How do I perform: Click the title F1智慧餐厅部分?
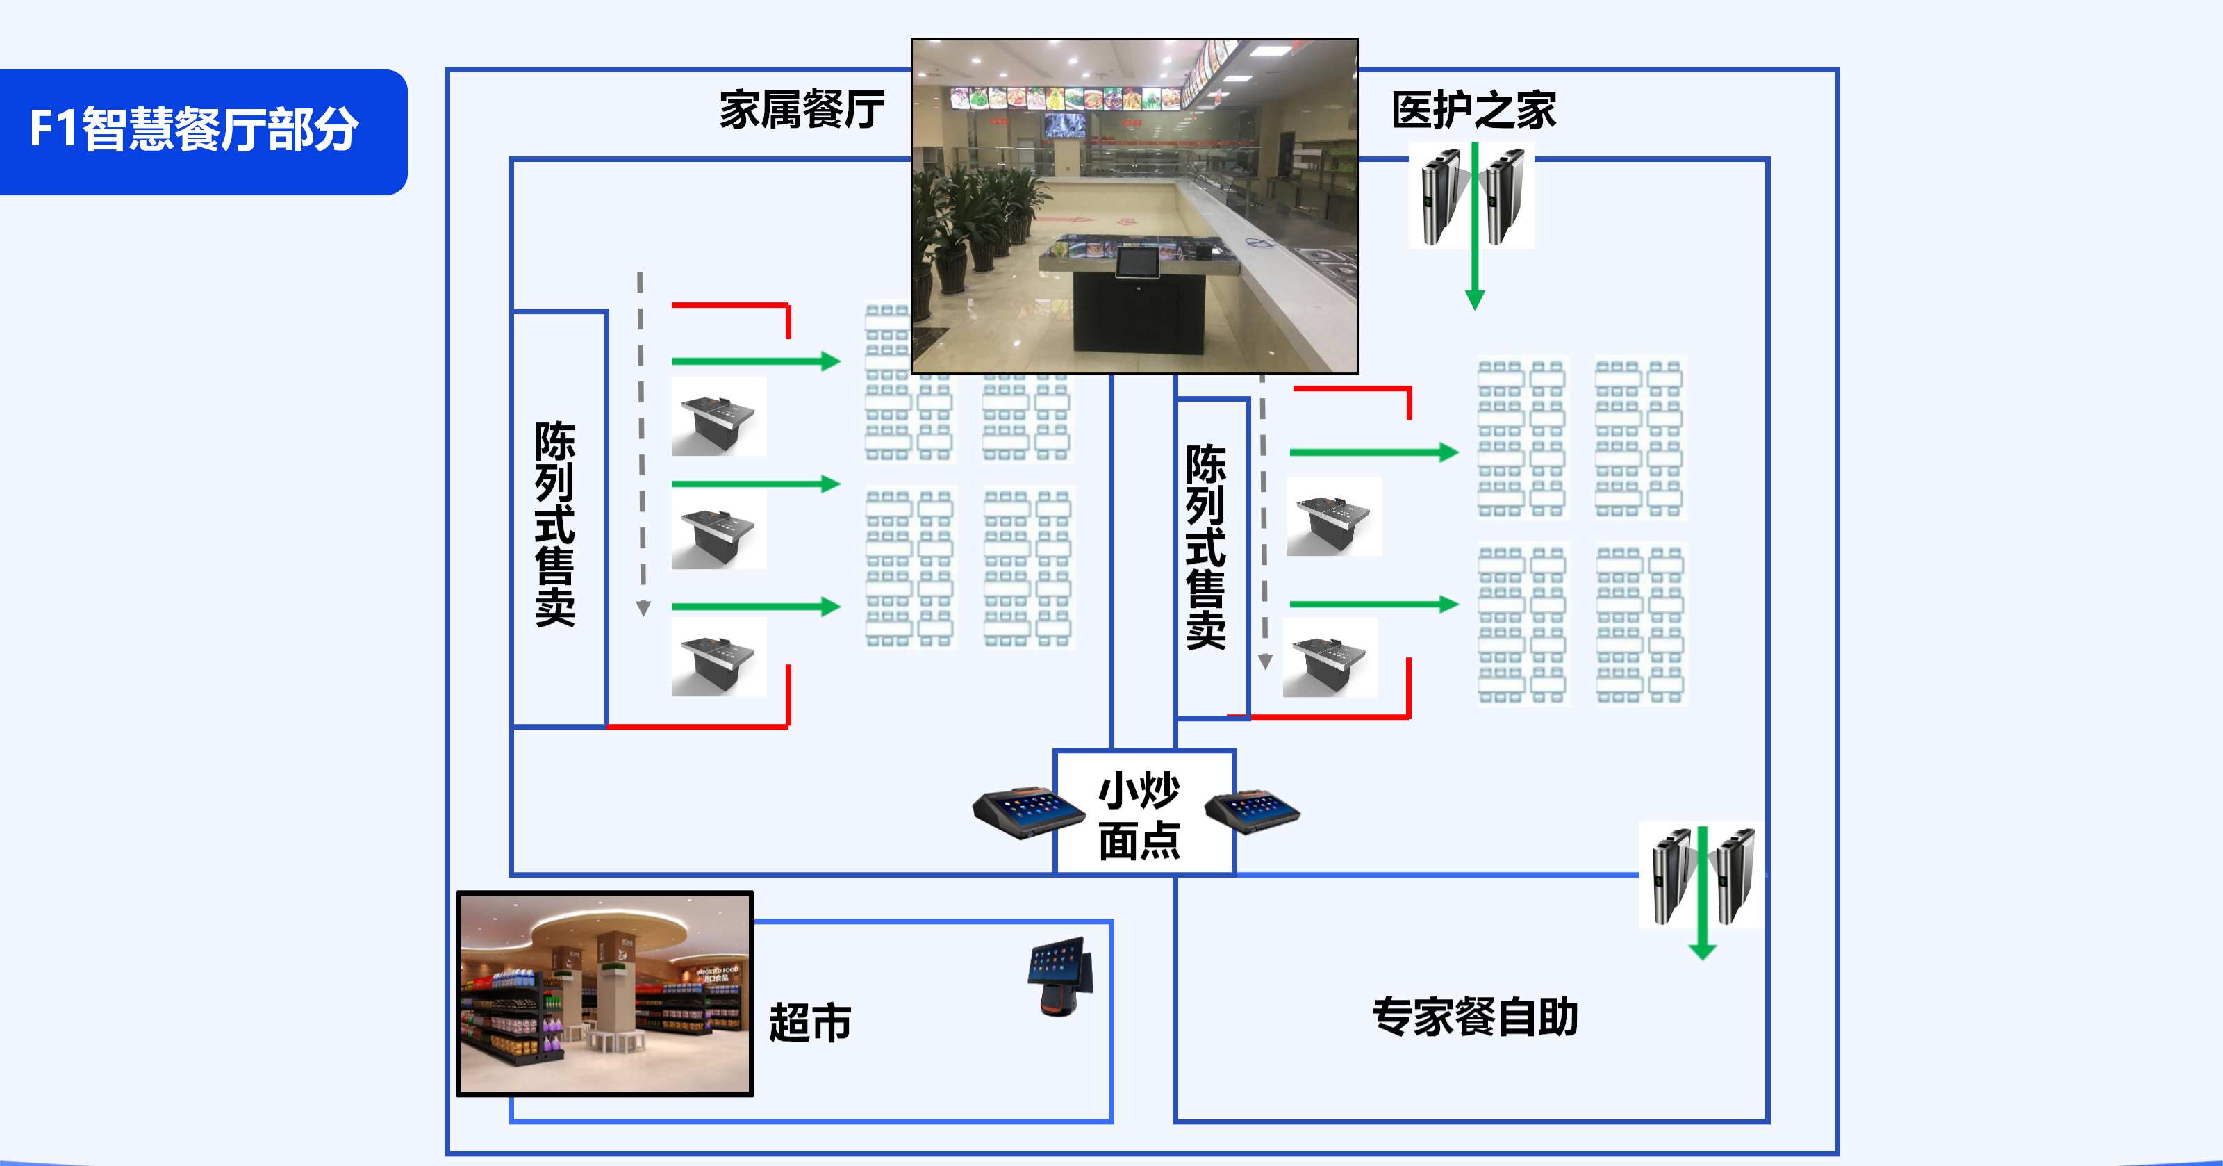195,129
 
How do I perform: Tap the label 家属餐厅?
802,110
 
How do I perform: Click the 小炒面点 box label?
1139,814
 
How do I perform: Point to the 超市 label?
809,1023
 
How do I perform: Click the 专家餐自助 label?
1475,1017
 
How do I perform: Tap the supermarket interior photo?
605,994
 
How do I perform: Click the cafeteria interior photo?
1134,206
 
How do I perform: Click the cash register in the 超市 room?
1062,976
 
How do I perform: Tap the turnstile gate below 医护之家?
1471,197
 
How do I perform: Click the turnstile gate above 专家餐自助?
1701,876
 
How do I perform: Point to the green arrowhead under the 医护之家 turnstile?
1475,299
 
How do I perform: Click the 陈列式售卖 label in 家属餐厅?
555,523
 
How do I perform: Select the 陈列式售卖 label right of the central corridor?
1205,546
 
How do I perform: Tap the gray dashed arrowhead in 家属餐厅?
643,609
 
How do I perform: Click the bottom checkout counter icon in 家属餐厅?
718,657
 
